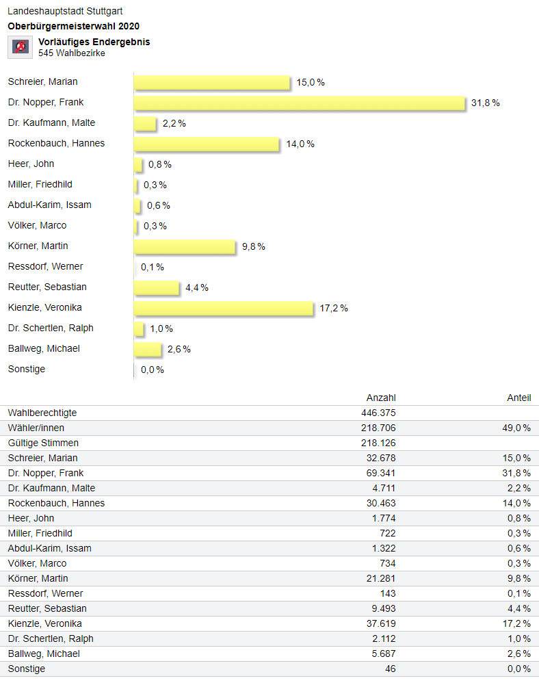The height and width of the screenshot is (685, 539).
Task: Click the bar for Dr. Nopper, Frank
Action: tap(299, 103)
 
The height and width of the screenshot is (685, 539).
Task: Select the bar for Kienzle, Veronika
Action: tap(223, 308)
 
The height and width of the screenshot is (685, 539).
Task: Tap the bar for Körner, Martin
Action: tap(185, 246)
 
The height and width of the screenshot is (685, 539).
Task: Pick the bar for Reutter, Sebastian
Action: tap(156, 287)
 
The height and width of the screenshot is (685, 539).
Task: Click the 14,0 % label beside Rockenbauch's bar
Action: tap(301, 144)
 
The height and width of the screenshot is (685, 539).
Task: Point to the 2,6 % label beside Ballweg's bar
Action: tap(179, 349)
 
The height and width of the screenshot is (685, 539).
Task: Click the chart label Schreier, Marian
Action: tap(42, 82)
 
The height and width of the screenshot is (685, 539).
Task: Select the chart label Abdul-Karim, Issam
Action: tap(49, 205)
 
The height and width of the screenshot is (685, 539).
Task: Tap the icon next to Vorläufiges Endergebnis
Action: tap(21, 47)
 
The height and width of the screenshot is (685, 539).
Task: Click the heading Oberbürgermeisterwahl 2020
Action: tap(74, 26)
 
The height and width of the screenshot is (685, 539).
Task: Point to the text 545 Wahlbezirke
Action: tap(72, 53)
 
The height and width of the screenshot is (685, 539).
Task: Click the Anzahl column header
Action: tap(381, 398)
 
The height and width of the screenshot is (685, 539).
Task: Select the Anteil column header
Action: tap(518, 398)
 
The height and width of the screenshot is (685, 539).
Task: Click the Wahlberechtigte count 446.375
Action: tap(378, 413)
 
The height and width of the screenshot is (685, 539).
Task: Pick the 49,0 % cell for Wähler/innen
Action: tap(516, 428)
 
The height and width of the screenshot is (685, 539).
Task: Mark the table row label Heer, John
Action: tap(31, 518)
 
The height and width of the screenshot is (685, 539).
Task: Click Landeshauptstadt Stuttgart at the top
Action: tap(65, 12)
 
